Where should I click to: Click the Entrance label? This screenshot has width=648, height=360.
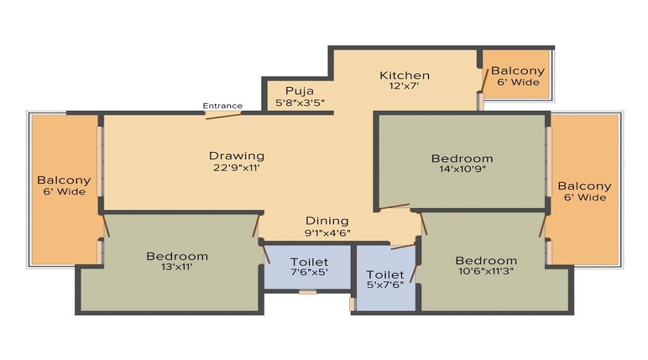click(x=222, y=106)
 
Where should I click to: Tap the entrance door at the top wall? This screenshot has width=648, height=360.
click(x=223, y=114)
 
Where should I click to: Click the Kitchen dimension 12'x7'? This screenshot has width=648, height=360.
click(x=405, y=86)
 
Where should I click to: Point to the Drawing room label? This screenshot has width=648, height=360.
click(x=236, y=156)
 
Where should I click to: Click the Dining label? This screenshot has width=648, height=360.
click(x=327, y=220)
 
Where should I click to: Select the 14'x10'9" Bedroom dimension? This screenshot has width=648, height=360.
click(x=462, y=171)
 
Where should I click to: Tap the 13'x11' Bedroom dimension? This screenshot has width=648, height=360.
click(x=177, y=267)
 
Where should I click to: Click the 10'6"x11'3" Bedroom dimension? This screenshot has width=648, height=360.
click(x=486, y=272)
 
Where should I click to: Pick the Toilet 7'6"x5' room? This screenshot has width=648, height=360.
click(x=308, y=266)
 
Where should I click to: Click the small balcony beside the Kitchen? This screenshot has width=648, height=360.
click(x=517, y=76)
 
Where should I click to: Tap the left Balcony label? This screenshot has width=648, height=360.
click(x=64, y=180)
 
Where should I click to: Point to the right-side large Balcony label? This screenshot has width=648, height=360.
click(x=584, y=186)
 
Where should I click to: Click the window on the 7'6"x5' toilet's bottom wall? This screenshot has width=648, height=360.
click(x=307, y=292)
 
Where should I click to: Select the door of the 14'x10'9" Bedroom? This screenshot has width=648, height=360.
click(x=394, y=207)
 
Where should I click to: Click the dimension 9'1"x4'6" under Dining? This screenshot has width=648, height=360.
click(x=327, y=233)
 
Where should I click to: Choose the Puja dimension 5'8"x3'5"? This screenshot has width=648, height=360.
click(x=300, y=102)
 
